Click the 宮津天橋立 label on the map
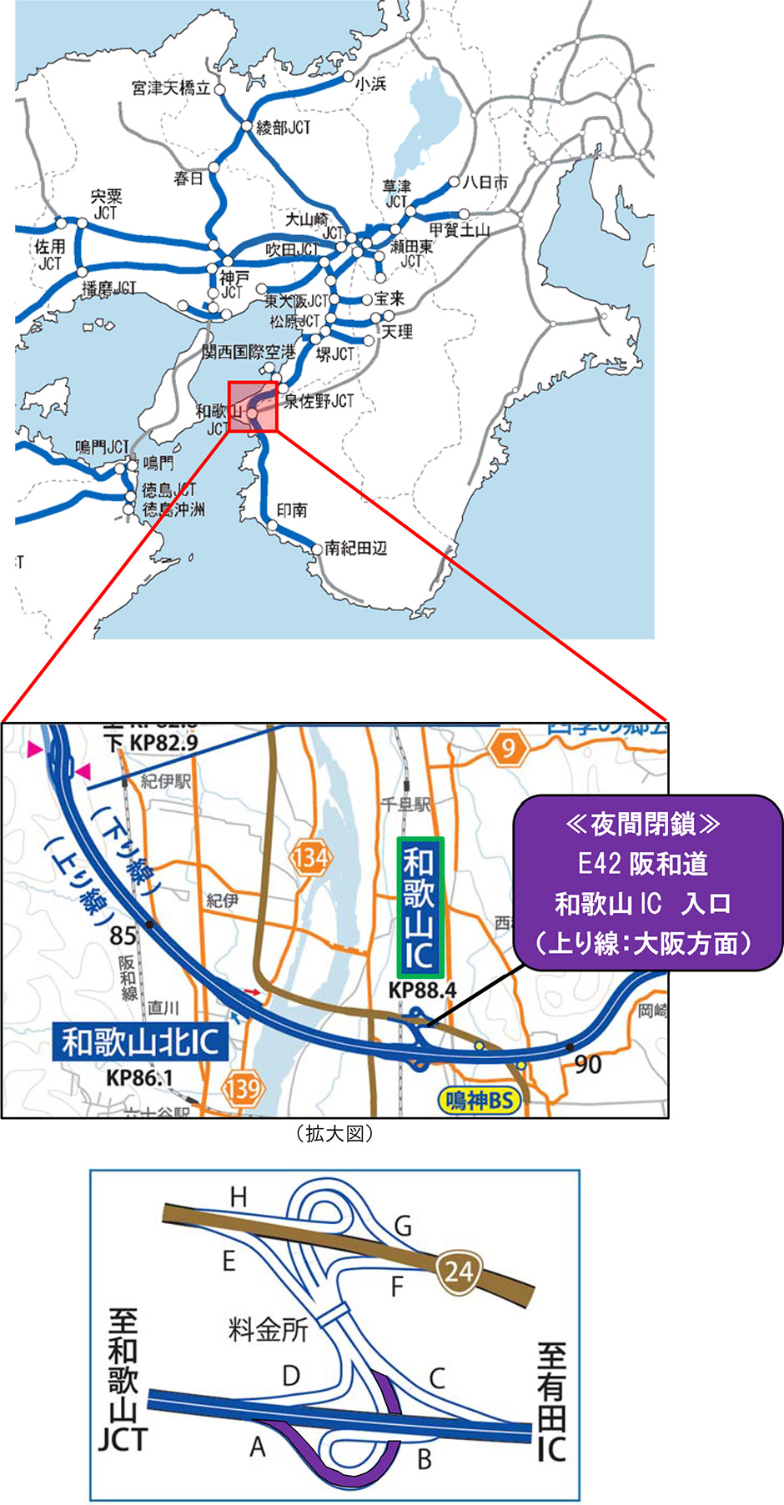pyautogui.click(x=171, y=88)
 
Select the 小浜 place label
pyautogui.click(x=371, y=83)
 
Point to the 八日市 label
pyautogui.click(x=485, y=182)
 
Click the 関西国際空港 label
pyautogui.click(x=249, y=353)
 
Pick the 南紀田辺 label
pyautogui.click(x=356, y=548)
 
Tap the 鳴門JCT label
pyautogui.click(x=103, y=447)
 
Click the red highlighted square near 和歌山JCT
pyautogui.click(x=252, y=407)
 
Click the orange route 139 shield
pyautogui.click(x=242, y=1087)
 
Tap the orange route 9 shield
pyautogui.click(x=508, y=748)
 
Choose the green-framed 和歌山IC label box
pyautogui.click(x=420, y=907)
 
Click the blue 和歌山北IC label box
pyautogui.click(x=140, y=1041)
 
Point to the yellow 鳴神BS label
pyautogui.click(x=479, y=1100)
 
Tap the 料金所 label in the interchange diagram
pyautogui.click(x=269, y=1329)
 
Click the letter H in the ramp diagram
pyautogui.click(x=239, y=1197)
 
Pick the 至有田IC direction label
pyautogui.click(x=551, y=1402)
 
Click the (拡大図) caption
pyautogui.click(x=334, y=1134)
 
